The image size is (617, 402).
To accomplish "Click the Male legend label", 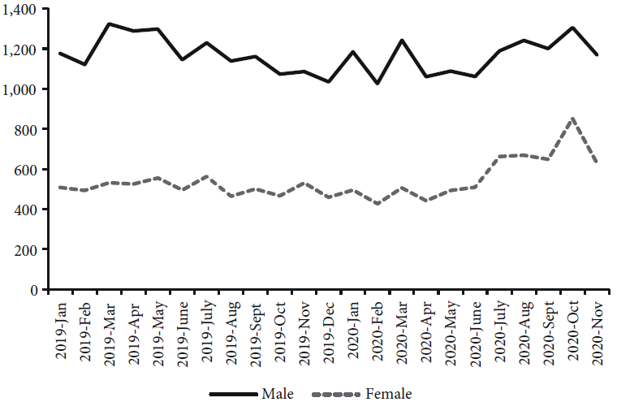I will click(x=277, y=394).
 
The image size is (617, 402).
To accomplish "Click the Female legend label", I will click(x=389, y=394).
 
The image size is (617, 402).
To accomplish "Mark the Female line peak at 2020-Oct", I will click(x=573, y=119).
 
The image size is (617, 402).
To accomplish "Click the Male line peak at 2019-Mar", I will click(x=109, y=24).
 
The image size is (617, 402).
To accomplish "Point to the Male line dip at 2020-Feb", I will click(x=378, y=84).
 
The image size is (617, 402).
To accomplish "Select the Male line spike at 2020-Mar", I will click(x=402, y=40).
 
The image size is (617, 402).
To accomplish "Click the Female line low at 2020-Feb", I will click(x=378, y=203).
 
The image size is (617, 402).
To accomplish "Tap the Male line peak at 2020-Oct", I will click(x=573, y=28).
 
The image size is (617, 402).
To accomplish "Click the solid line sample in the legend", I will click(x=233, y=394).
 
